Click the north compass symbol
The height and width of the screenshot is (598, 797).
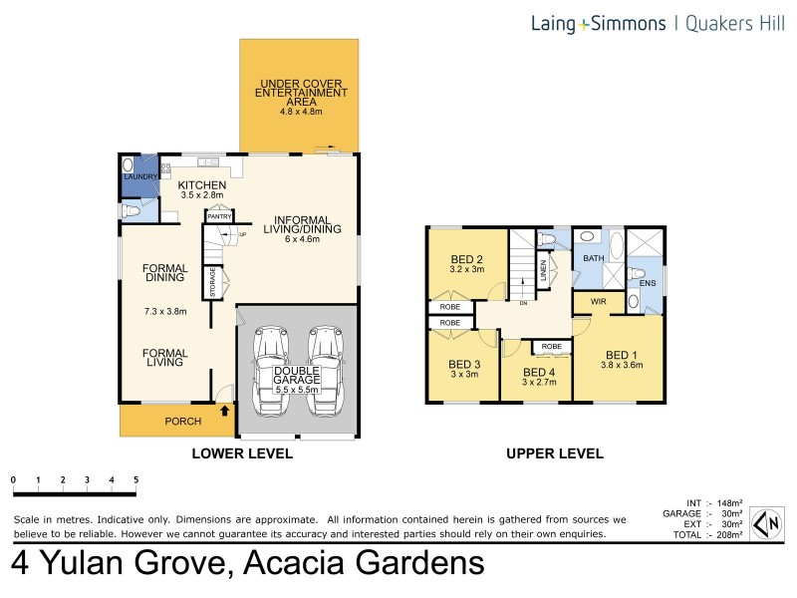[x=766, y=522]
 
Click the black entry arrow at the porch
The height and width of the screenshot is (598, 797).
[x=224, y=409]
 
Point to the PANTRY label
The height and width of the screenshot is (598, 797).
[x=218, y=215]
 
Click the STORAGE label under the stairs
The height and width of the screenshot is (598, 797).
[x=212, y=282]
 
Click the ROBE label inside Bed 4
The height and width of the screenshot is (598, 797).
[x=550, y=347]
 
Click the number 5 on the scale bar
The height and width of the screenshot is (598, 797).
[x=135, y=479]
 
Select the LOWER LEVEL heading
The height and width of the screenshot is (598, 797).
[x=242, y=453]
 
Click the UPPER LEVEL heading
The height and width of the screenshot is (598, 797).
[x=555, y=453]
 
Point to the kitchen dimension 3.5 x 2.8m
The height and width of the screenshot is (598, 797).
[x=202, y=195]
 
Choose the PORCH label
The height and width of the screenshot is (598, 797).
[x=182, y=422]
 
